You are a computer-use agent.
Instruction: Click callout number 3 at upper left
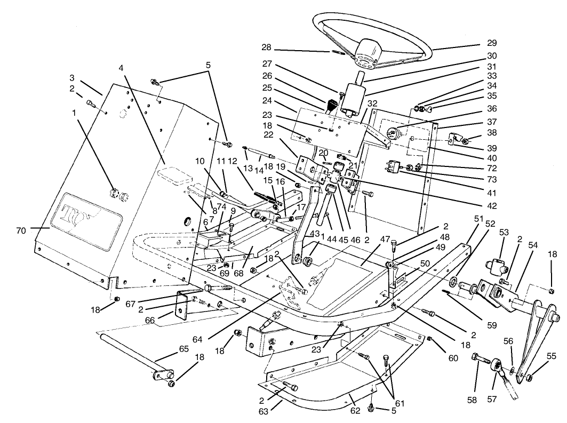pyautogui.click(x=71, y=77)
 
